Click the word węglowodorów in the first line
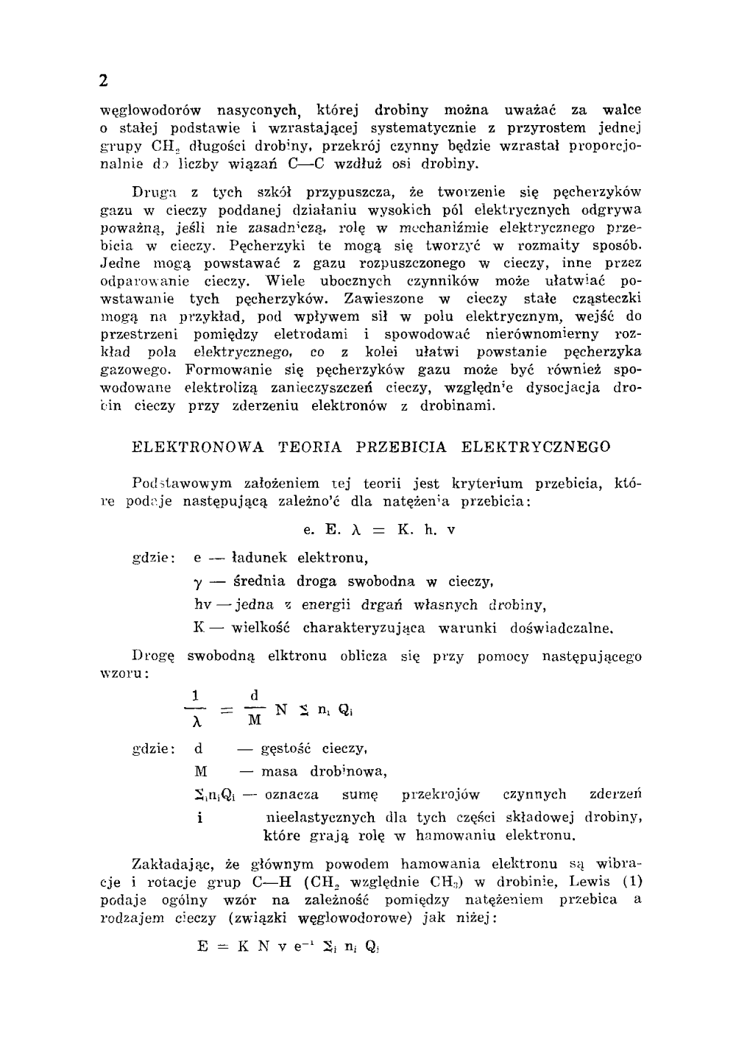click(x=150, y=111)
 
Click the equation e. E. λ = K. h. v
click(x=379, y=530)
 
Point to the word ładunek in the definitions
click(x=260, y=558)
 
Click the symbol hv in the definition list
click(x=202, y=605)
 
